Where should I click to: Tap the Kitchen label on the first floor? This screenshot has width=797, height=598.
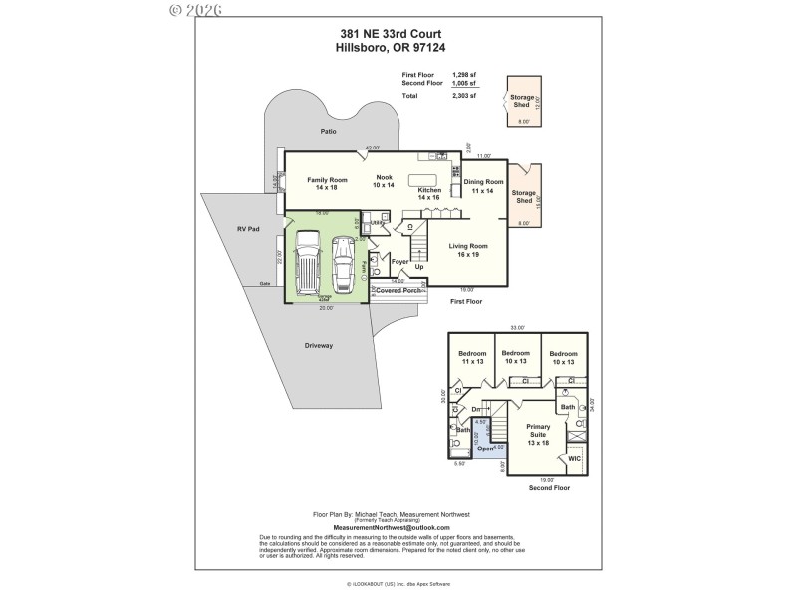click(429, 194)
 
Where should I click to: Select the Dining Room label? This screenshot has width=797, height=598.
click(481, 185)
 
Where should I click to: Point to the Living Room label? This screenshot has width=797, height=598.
click(467, 250)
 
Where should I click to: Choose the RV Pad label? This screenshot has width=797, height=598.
click(248, 229)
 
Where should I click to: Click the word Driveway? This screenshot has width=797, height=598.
click(319, 345)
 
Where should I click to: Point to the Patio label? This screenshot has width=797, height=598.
click(328, 132)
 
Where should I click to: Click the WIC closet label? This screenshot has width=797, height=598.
click(572, 459)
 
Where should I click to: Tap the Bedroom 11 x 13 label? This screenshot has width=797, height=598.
click(472, 358)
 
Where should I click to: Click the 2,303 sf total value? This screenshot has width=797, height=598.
click(464, 96)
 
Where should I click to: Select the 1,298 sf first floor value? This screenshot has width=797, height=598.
click(464, 75)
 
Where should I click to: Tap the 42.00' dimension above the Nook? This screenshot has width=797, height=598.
click(373, 148)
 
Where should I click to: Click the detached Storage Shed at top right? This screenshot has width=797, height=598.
click(523, 99)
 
